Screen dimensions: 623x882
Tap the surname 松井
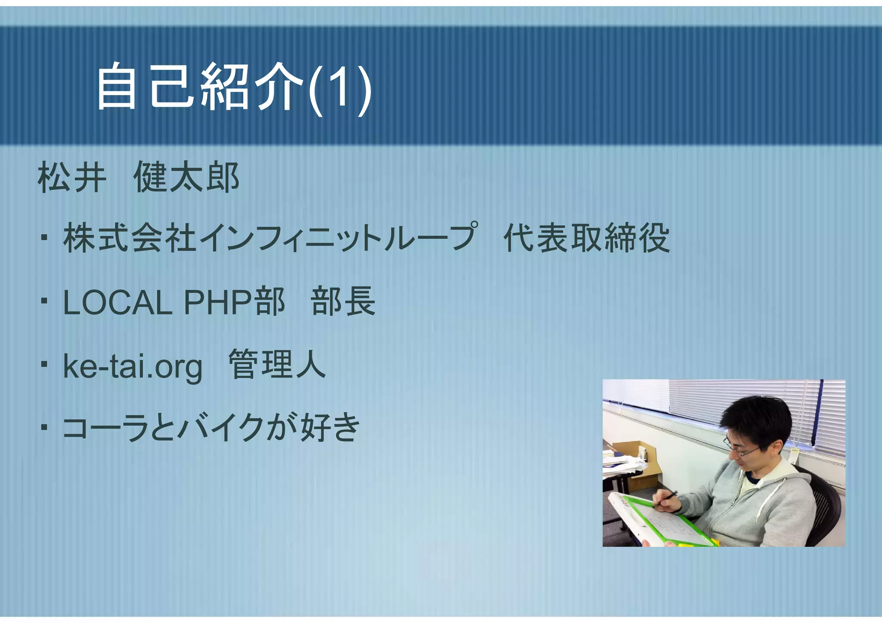[71, 177]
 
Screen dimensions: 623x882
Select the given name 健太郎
[186, 177]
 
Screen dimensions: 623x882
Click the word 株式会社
[130, 238]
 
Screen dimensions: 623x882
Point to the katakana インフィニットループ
[338, 238]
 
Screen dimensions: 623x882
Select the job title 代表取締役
[587, 238]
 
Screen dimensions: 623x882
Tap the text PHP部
[235, 302]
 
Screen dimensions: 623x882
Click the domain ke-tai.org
[133, 366]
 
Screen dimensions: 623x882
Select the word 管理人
[277, 365]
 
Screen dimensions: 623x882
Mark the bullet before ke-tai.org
[44, 365]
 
